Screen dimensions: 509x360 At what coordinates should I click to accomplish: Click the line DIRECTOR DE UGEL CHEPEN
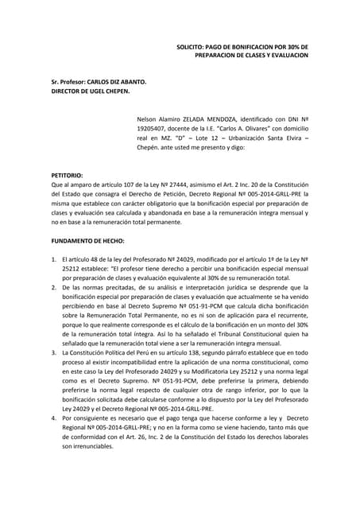[90, 91]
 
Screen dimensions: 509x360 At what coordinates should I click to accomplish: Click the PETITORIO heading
[67, 174]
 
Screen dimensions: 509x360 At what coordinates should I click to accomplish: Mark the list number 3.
[53, 350]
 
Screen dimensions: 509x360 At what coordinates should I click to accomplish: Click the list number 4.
[53, 418]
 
